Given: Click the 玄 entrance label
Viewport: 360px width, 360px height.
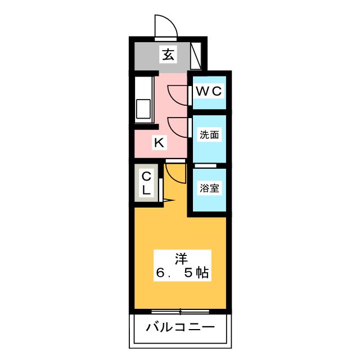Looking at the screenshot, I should click(168, 55).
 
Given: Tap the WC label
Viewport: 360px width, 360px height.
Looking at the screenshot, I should click(209, 91).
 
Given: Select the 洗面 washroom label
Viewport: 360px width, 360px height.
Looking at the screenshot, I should click(209, 135).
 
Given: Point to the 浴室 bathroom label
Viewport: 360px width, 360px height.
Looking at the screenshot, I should click(209, 188).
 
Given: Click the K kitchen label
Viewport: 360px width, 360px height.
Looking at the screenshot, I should click(159, 143).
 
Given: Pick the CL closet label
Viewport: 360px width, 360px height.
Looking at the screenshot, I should click(146, 183).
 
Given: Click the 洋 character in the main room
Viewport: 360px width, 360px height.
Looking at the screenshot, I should click(181, 259).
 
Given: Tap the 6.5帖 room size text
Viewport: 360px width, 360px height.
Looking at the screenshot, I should click(182, 274).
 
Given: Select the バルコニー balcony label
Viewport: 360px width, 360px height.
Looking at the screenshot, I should click(179, 327).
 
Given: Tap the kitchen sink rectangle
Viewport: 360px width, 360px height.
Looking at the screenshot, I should click(142, 109).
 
